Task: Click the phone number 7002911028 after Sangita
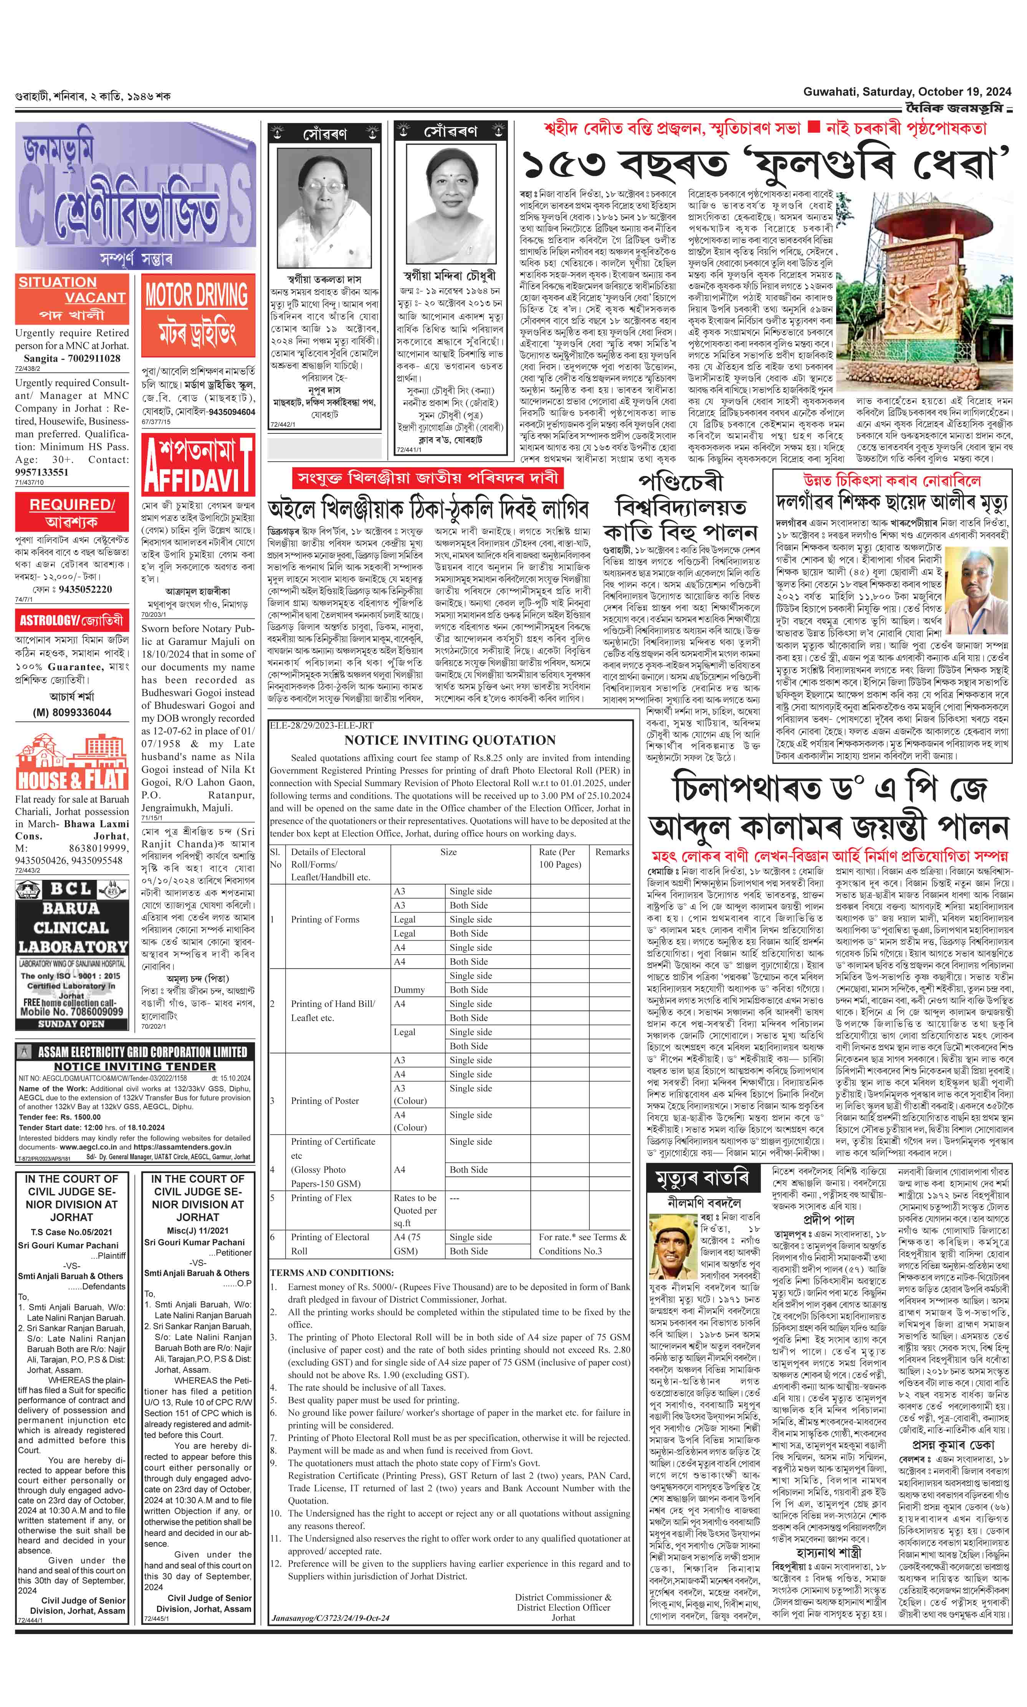click(89, 359)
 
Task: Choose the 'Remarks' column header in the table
click(612, 852)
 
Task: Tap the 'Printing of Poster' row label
click(324, 1101)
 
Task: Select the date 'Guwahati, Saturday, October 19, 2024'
click(907, 92)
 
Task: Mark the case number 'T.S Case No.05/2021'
click(71, 1232)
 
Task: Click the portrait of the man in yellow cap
click(674, 1253)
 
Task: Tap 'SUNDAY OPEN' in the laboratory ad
click(71, 1023)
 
